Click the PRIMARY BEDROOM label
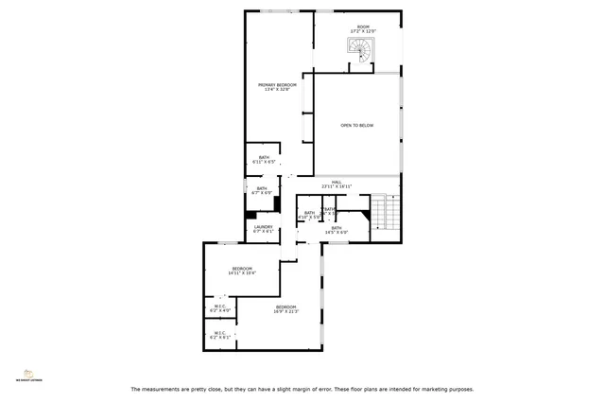click(278, 85)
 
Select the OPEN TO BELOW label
click(357, 125)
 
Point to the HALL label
click(336, 182)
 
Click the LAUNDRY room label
click(263, 226)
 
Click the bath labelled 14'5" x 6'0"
click(337, 228)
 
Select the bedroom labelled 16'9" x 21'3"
click(286, 307)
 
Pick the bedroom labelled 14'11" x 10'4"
click(243, 269)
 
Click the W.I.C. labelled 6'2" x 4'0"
click(219, 307)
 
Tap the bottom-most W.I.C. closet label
click(219, 333)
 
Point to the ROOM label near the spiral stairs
click(363, 26)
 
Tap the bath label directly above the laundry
click(262, 188)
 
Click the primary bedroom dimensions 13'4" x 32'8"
click(278, 90)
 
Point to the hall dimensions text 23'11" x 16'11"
click(336, 186)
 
